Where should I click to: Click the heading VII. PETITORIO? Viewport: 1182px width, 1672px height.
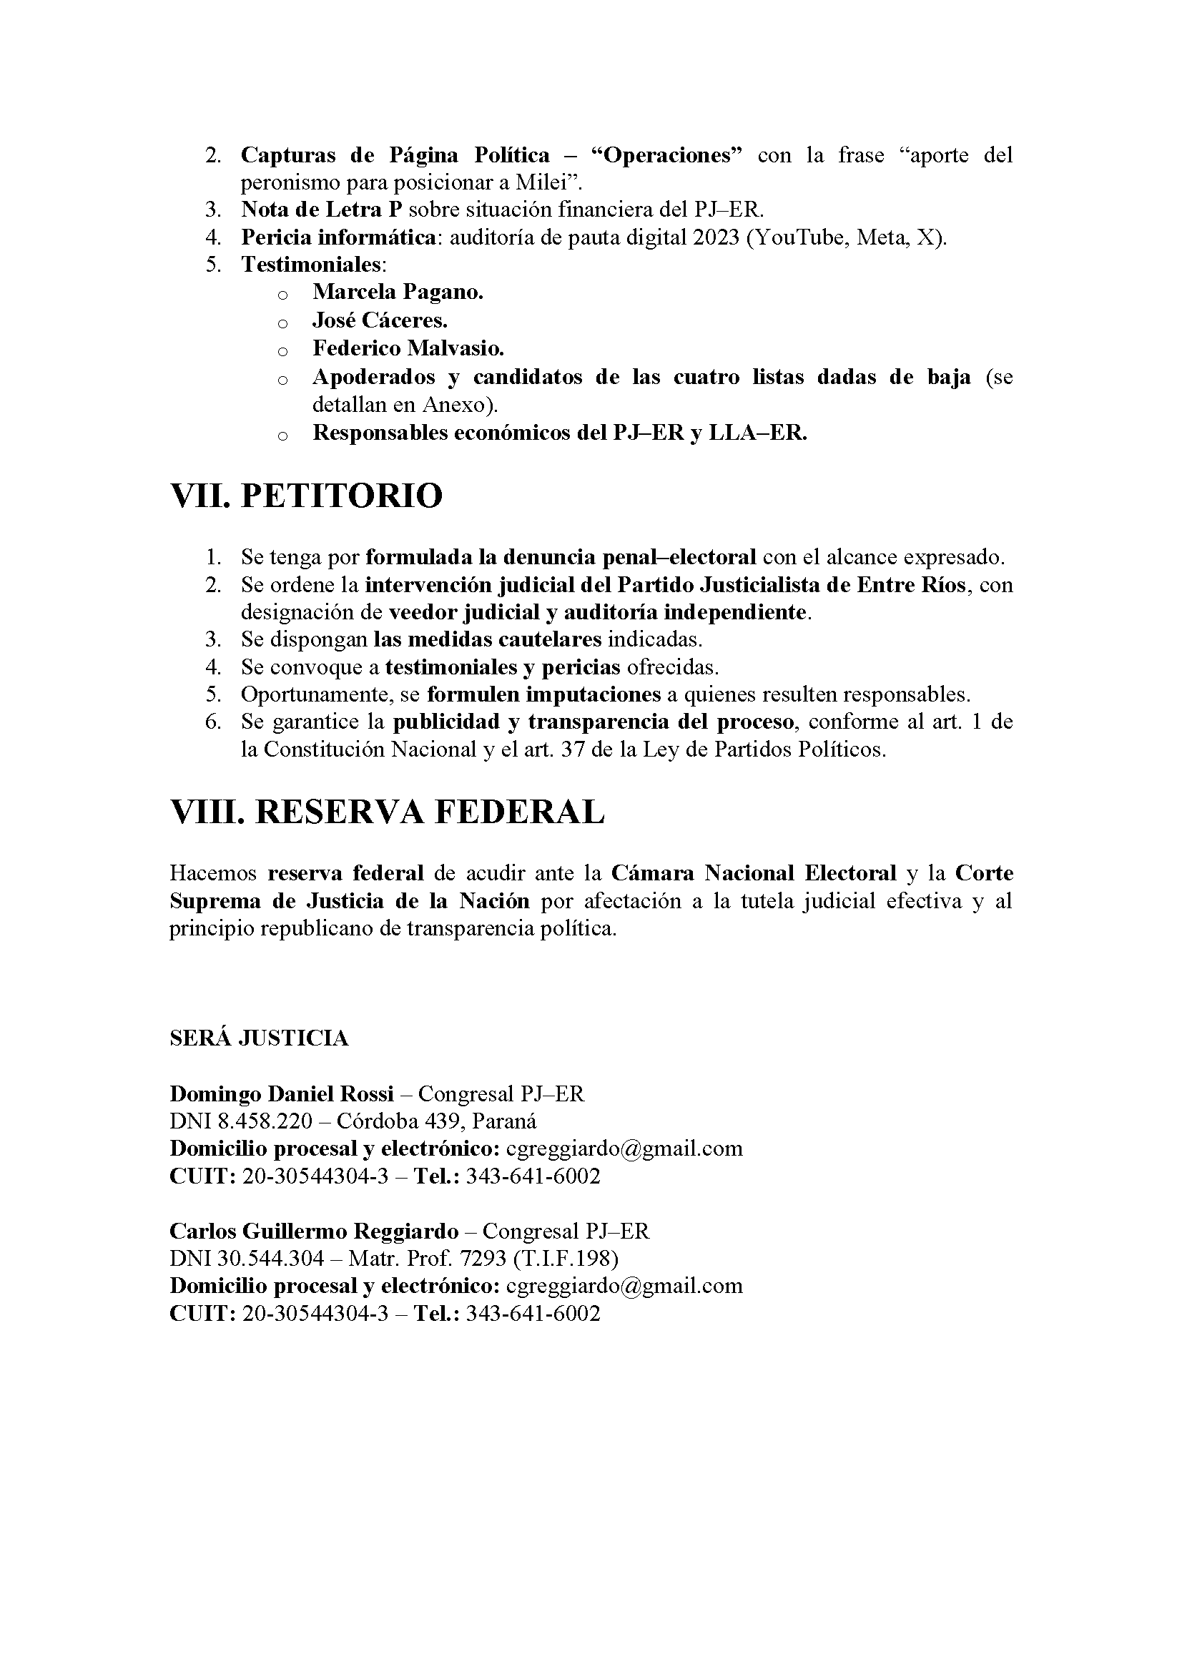[306, 496]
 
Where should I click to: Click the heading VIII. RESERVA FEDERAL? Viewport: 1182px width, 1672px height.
[387, 811]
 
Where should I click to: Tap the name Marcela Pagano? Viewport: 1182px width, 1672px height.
[398, 292]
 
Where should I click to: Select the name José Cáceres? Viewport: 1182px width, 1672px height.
[380, 320]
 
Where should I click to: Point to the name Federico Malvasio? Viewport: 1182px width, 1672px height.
[408, 349]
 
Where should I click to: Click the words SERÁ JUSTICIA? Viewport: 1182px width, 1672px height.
[259, 1038]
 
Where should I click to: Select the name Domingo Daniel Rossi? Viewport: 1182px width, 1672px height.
[281, 1093]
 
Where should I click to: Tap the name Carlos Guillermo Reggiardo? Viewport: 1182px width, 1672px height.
[314, 1231]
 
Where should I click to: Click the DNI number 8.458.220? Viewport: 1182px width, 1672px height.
[265, 1121]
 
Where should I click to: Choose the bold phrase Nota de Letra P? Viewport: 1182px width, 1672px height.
[322, 210]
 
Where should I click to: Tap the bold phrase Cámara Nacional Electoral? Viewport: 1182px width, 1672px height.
[753, 873]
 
